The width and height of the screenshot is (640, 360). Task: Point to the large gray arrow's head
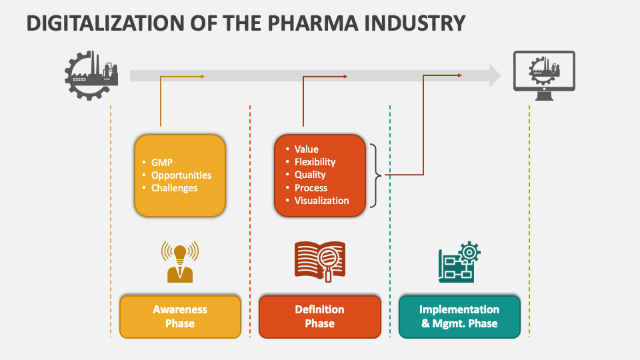click(494, 75)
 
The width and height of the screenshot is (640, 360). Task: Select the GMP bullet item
click(162, 162)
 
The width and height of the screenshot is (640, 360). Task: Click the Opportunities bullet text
click(181, 175)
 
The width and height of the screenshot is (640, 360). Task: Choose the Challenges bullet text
click(175, 188)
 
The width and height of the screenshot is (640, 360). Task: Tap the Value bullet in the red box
click(307, 149)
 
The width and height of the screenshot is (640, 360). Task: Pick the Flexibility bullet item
click(315, 162)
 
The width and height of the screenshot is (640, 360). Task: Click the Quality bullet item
click(310, 175)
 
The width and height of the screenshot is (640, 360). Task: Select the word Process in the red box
click(311, 188)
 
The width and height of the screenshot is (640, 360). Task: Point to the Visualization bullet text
click(322, 201)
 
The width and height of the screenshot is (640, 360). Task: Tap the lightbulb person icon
click(180, 261)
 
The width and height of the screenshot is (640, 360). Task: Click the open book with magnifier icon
click(320, 260)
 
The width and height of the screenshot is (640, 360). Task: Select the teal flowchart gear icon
click(459, 261)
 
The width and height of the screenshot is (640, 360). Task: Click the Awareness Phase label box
click(180, 317)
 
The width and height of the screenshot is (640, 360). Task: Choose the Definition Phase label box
click(320, 317)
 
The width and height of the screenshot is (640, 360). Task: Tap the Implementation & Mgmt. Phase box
click(459, 317)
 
